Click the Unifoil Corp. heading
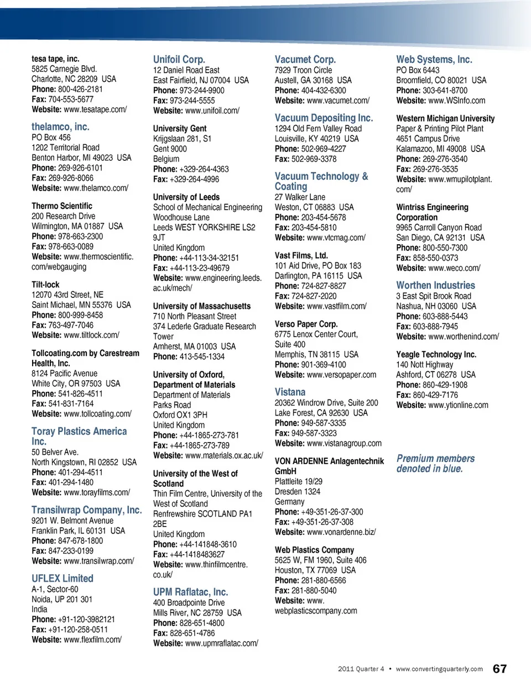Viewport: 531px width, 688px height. (179, 59)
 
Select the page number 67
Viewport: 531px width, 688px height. (499, 669)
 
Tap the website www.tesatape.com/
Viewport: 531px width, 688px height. (95, 109)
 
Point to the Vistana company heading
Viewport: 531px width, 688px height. (290, 392)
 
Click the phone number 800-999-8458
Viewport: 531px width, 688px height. (80, 315)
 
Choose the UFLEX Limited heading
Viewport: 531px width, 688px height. (62, 578)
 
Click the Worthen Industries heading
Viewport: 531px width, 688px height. (435, 285)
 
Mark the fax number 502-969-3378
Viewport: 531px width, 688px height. (313, 159)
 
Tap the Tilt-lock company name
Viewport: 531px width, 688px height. (45, 285)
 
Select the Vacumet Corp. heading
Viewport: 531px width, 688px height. (305, 59)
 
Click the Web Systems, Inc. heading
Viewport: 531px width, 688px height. (434, 59)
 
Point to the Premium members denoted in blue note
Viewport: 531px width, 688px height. (435, 463)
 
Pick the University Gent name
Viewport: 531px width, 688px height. (179, 128)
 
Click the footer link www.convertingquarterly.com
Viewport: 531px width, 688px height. (439, 669)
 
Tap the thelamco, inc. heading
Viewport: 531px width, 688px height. (60, 127)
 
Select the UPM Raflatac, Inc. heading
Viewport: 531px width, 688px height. (190, 592)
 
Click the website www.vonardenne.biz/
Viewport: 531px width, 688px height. (341, 532)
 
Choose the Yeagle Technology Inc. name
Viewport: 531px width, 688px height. (436, 354)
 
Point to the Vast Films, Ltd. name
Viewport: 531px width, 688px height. (301, 255)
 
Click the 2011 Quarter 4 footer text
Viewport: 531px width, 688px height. (361, 669)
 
